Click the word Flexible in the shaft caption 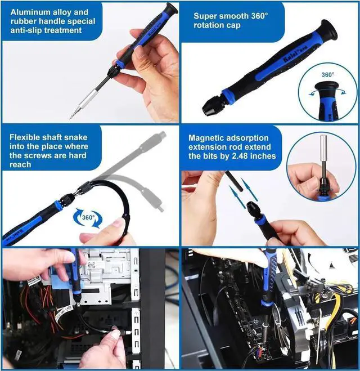[26, 136]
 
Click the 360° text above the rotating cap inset [328, 74]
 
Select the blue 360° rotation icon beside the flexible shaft [88, 217]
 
